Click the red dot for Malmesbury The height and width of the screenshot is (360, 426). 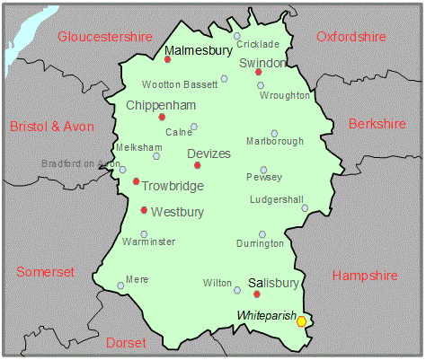(168, 60)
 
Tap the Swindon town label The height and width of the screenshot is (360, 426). (262, 63)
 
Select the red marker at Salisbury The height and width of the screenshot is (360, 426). (257, 294)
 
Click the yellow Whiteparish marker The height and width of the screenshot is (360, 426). (302, 320)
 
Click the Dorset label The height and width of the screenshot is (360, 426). (126, 343)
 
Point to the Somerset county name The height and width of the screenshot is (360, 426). (47, 272)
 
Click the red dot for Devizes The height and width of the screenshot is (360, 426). (197, 165)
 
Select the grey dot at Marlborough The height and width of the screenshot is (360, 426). (274, 133)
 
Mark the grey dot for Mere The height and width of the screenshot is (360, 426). (121, 286)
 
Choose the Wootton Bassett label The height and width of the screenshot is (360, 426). (180, 84)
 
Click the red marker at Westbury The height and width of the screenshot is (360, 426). (144, 210)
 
